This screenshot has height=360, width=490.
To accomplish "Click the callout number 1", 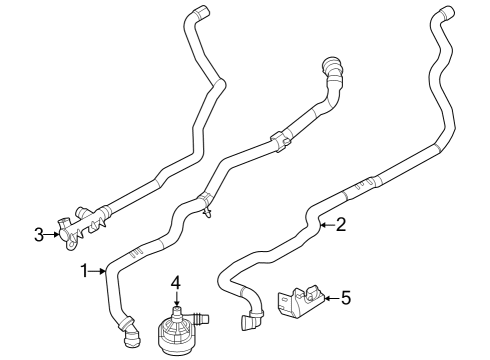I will point(87,270).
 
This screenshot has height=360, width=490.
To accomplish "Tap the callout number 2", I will point(340,225).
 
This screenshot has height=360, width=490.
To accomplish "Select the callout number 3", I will point(39,235).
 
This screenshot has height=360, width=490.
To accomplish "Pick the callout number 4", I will point(176,283).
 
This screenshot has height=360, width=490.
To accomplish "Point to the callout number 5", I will point(346,296).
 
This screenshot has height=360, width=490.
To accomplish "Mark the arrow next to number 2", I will point(326,226).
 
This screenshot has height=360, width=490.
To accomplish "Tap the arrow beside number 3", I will point(52,235).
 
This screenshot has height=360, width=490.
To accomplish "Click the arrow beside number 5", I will point(331,296).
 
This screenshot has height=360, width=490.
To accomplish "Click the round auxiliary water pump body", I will point(176,335).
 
